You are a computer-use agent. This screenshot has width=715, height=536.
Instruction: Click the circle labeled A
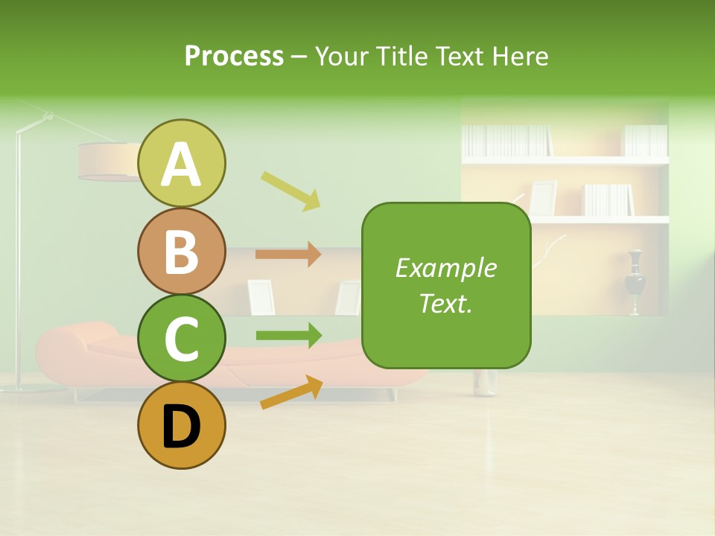point(182,163)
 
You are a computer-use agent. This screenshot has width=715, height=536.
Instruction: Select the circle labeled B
point(182,251)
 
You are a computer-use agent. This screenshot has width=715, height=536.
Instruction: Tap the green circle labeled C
point(182,339)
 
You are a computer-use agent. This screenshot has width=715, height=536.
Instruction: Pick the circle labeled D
point(182,426)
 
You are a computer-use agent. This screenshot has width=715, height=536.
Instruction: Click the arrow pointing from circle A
point(290,189)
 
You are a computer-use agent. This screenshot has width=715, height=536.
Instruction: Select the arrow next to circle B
point(288,254)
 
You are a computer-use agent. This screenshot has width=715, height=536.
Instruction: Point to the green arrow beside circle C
point(288,335)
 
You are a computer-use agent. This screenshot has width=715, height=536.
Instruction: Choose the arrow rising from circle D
point(291,392)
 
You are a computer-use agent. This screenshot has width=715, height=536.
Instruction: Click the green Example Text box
point(446,286)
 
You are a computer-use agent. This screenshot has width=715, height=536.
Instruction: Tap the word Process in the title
point(234,56)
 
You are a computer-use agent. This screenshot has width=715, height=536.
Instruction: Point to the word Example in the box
point(446,268)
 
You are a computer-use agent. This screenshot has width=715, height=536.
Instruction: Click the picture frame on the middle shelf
point(543,197)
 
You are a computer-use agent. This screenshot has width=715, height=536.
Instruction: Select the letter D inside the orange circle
point(182,427)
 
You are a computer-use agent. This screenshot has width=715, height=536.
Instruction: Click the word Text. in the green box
point(446,304)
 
